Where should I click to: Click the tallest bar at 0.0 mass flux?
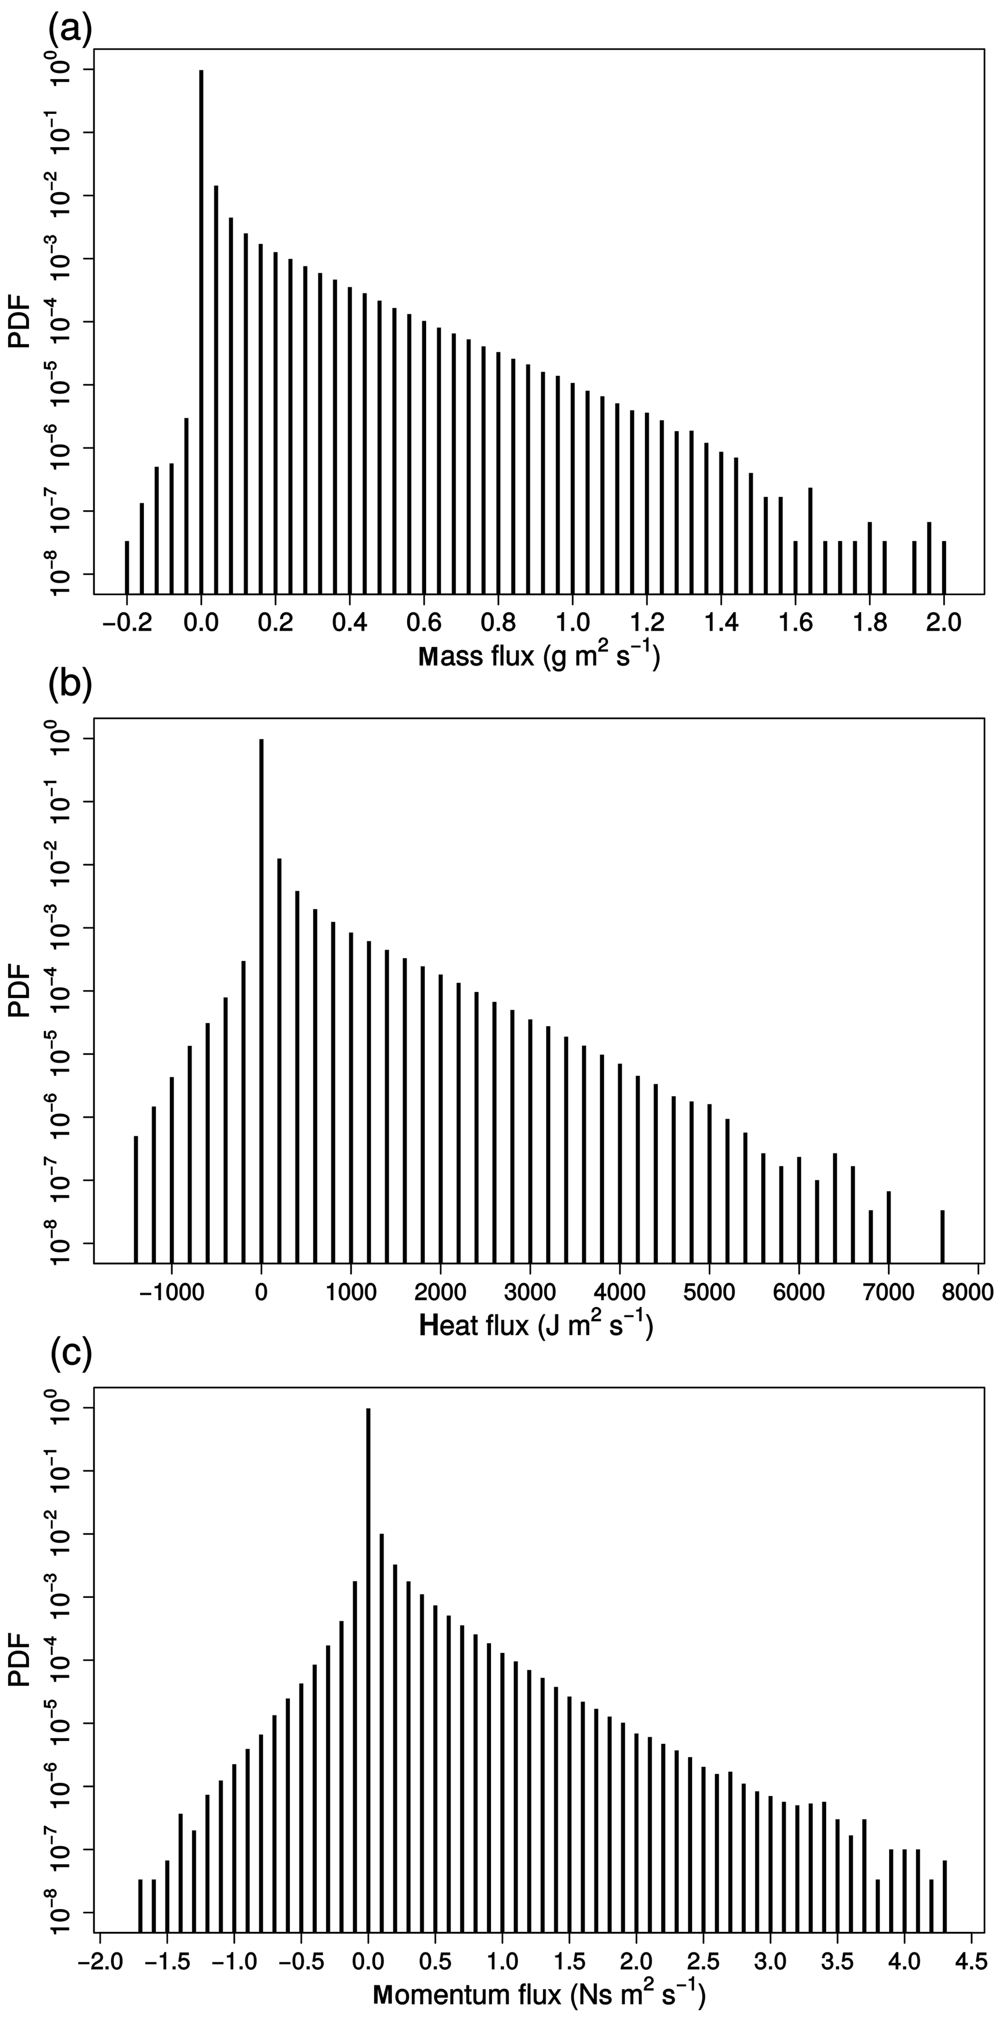click(201, 329)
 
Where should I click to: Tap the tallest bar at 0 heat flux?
click(261, 997)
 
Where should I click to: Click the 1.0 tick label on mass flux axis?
click(573, 623)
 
